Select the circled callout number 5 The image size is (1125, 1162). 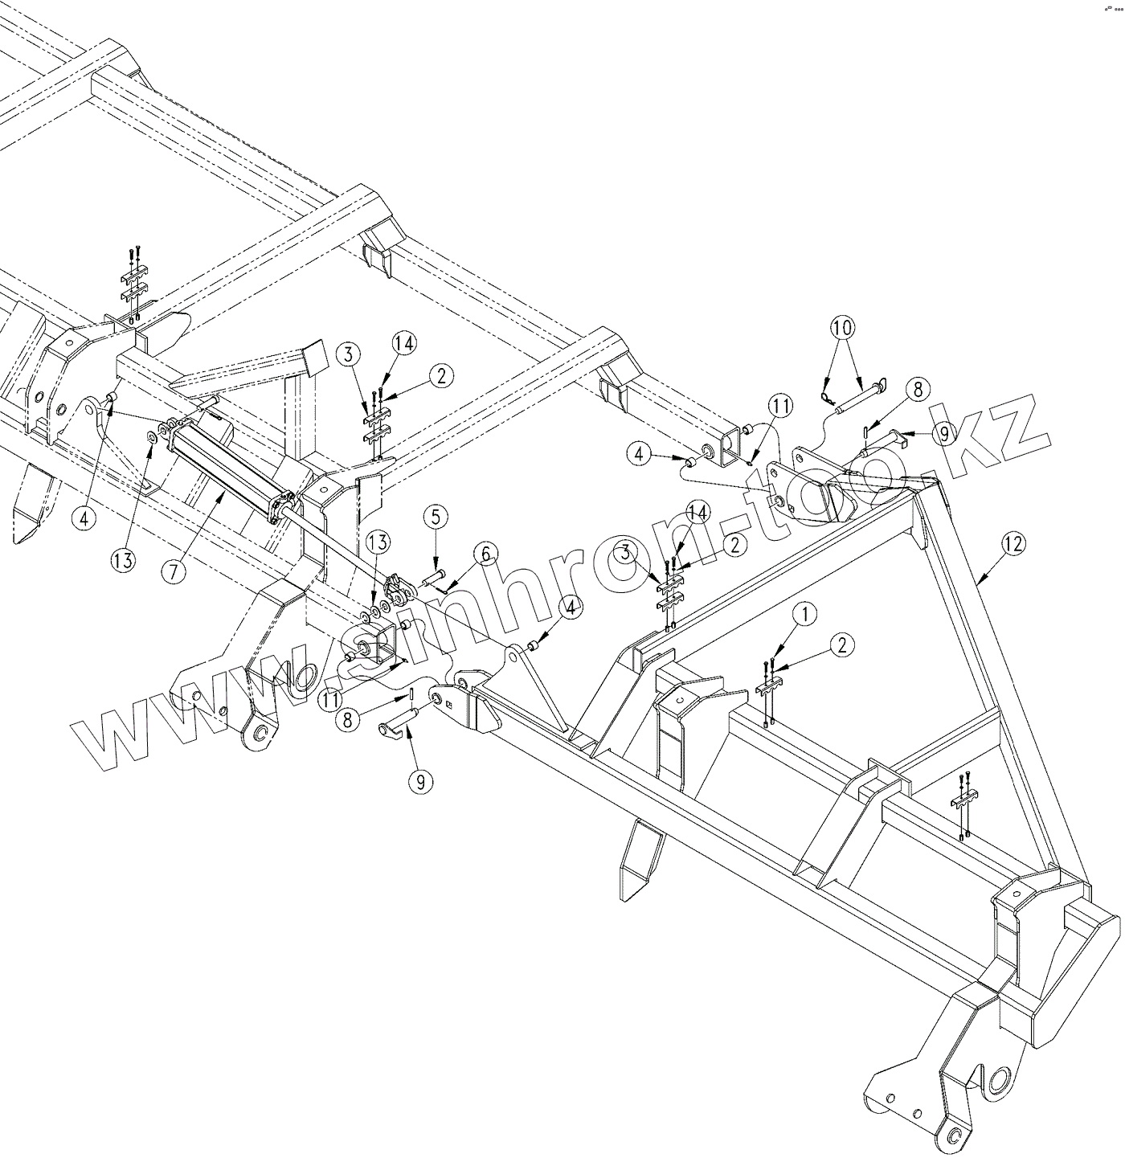click(x=435, y=518)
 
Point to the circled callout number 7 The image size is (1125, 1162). click(x=174, y=571)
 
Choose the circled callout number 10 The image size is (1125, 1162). click(x=843, y=328)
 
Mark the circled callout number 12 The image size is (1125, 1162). click(x=1013, y=544)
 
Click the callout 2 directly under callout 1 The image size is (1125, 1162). click(x=841, y=644)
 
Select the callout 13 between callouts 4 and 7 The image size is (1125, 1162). click(x=123, y=560)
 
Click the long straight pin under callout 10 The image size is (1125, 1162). click(x=860, y=401)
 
